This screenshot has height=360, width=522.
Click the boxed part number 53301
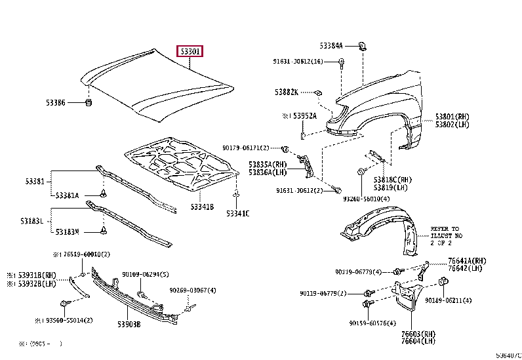(x=190, y=51)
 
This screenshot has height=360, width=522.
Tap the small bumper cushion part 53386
(x=89, y=103)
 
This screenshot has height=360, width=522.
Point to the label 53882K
(x=287, y=92)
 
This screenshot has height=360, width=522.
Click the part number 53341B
(x=203, y=207)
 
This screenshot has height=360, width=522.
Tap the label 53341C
(x=238, y=214)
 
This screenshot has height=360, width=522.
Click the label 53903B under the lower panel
(x=129, y=324)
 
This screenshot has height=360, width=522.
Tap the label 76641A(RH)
(x=468, y=260)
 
